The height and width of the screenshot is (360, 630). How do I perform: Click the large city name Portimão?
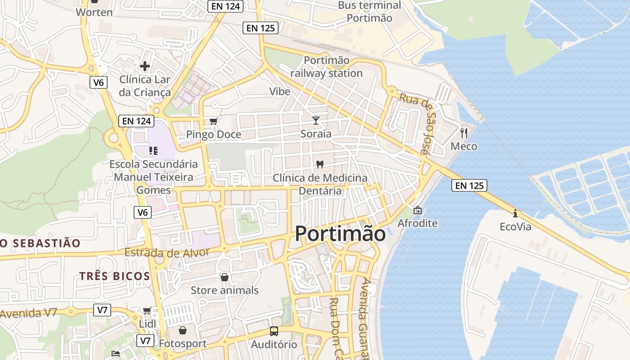[340, 234]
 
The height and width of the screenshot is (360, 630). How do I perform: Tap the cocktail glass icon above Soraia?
[316, 120]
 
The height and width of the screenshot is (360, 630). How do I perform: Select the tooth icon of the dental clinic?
[320, 164]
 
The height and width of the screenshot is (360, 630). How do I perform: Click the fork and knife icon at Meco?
[464, 133]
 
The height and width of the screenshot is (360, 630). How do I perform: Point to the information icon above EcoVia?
[515, 213]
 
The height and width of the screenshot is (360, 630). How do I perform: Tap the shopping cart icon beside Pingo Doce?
[214, 121]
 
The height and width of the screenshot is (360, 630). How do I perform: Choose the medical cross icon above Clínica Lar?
[145, 66]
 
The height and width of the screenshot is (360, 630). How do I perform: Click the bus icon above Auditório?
[274, 331]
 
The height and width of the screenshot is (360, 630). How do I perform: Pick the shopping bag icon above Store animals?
[225, 277]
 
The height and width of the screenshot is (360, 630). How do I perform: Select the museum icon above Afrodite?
[418, 210]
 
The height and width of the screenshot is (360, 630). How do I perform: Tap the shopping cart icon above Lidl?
[147, 310]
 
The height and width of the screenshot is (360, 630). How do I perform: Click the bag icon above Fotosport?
[183, 331]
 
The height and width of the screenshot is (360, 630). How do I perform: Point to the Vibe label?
[279, 91]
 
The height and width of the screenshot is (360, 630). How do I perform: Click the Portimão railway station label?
[326, 67]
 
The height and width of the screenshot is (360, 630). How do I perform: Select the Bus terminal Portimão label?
[369, 12]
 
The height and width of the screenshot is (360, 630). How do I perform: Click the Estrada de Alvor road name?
[167, 252]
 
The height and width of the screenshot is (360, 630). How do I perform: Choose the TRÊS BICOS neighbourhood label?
[115, 276]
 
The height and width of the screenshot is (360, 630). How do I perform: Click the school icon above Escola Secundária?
[153, 150]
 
